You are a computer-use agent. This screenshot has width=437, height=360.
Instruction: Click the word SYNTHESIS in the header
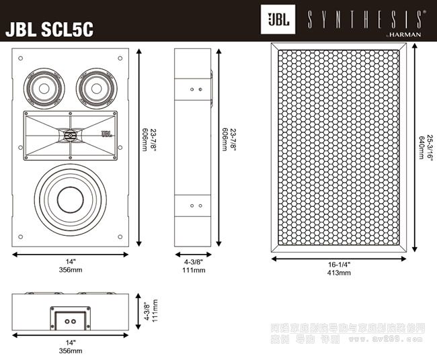coord(364,18)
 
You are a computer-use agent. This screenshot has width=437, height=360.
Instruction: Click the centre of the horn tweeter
coord(69,136)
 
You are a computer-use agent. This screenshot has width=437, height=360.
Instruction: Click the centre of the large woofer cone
coord(69,199)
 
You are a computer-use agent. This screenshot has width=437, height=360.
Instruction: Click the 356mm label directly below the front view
coord(69,270)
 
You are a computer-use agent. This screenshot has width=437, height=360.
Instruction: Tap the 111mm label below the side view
coord(194,270)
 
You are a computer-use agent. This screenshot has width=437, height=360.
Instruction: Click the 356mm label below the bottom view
coord(69,351)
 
